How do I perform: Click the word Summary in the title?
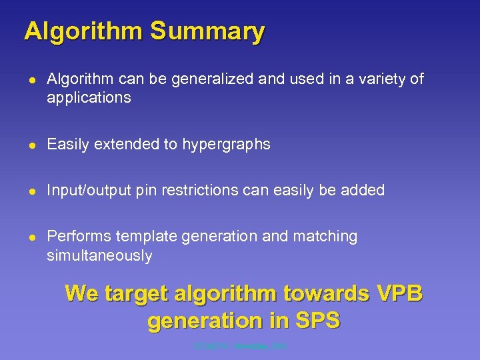point(207,31)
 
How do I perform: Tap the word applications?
point(89,98)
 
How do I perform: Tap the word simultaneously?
point(99,256)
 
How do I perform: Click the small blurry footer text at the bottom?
point(241,347)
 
